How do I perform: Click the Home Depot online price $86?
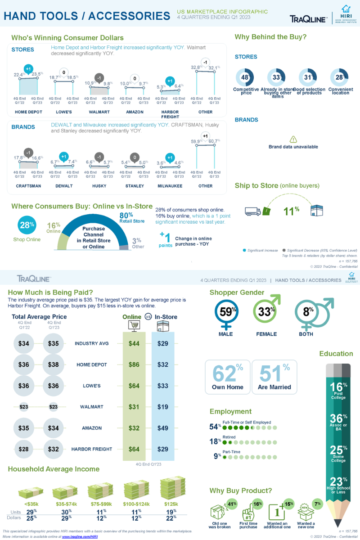[x=134, y=365]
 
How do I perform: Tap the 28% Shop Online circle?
[x=27, y=225]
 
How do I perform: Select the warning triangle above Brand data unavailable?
[x=293, y=139]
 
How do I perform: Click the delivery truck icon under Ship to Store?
[x=252, y=211]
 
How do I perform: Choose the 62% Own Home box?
[x=228, y=377]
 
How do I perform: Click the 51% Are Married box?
[x=274, y=377]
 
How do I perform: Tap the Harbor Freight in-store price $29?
[x=163, y=449]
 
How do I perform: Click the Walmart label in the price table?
[x=91, y=407]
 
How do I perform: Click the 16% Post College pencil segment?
[x=338, y=391]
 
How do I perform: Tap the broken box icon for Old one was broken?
[x=219, y=512]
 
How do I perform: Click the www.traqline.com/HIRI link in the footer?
[x=80, y=536]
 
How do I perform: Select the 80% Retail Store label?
[x=131, y=217]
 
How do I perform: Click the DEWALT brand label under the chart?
[x=63, y=186]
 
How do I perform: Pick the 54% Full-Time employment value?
[x=215, y=427]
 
